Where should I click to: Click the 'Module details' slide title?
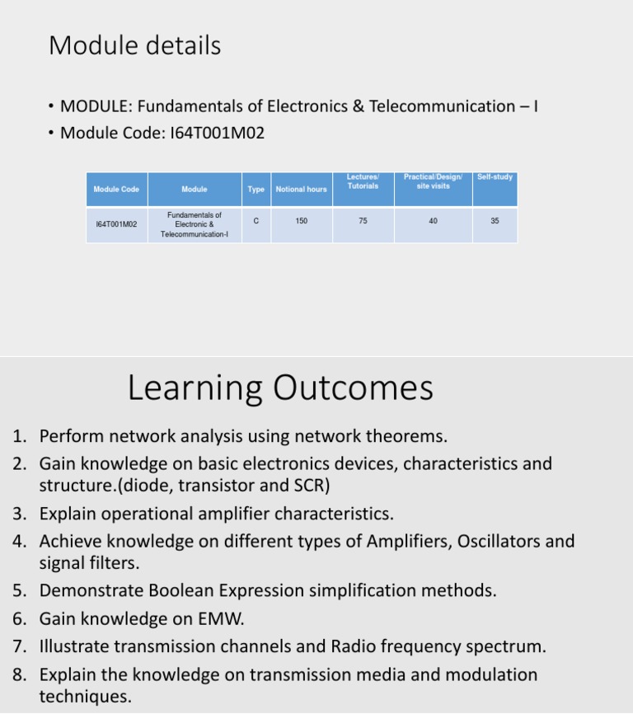[134, 45]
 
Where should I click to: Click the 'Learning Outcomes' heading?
[280, 388]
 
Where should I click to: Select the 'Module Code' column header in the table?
[116, 190]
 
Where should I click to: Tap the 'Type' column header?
[256, 190]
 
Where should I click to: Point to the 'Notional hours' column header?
[301, 190]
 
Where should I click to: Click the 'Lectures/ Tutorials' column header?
[363, 181]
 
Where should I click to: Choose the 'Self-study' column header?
[495, 177]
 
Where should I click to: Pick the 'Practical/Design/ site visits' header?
[433, 181]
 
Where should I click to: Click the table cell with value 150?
[301, 221]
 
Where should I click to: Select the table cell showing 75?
[363, 221]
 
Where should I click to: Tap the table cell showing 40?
[433, 221]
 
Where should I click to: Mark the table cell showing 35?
[495, 221]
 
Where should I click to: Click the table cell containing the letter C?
[256, 220]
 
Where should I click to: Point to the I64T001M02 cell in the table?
[116, 224]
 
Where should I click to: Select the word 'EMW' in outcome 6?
[220, 618]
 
